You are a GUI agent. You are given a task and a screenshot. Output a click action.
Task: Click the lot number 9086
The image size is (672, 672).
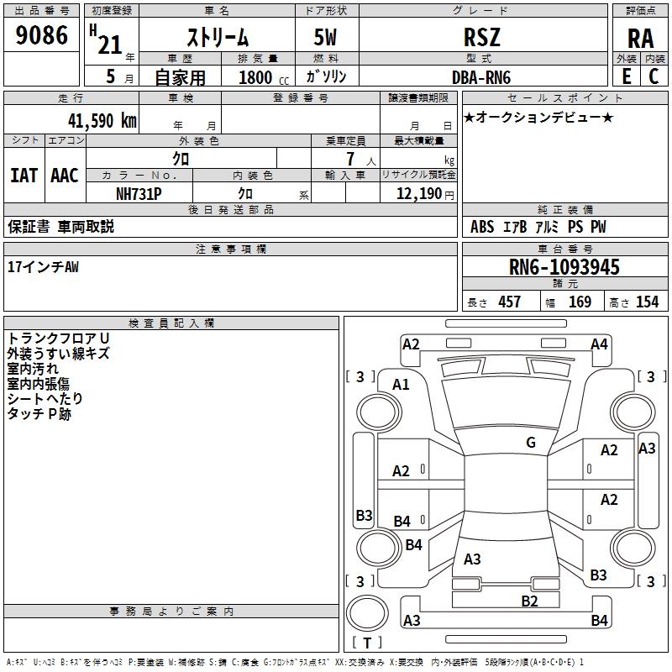coord(41,34)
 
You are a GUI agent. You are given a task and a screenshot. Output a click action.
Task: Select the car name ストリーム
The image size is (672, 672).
coord(218,38)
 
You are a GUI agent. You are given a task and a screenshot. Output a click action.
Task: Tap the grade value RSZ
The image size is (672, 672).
coord(482,37)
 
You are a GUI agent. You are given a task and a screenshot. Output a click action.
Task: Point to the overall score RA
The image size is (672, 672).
coord(641,39)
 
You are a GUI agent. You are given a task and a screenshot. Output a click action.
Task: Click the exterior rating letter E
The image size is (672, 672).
coord(627,76)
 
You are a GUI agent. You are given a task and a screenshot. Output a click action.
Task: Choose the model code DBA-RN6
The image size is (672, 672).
coord(481,77)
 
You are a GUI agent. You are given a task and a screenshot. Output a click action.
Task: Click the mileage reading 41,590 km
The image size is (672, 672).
coord(102,121)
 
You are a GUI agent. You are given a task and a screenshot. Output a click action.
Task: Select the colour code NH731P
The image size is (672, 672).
coord(139,194)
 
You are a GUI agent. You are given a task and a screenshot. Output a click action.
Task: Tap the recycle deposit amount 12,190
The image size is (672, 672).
coord(419,193)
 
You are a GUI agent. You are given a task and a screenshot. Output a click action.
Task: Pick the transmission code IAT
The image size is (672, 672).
coord(24,176)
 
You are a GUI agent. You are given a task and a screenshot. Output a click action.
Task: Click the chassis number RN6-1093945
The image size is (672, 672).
coord(564,267)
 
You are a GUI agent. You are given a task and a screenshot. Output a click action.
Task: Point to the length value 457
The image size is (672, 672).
coord(510,302)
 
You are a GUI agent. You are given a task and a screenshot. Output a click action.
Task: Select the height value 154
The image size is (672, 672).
coord(647,302)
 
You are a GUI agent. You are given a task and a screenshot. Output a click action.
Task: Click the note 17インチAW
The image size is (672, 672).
coord(44,267)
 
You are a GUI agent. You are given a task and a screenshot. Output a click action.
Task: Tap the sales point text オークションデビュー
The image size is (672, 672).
coord(538,117)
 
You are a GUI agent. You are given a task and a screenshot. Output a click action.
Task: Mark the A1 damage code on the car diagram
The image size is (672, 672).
coord(401,385)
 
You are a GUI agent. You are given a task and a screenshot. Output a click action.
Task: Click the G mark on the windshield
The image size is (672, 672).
coord(531,442)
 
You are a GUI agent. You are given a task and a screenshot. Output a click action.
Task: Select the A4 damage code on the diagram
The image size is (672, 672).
coord(599,344)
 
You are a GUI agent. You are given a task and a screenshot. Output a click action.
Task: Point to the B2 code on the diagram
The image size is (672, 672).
coord(529,601)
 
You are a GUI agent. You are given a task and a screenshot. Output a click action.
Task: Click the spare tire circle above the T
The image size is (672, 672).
coord(367,613)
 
